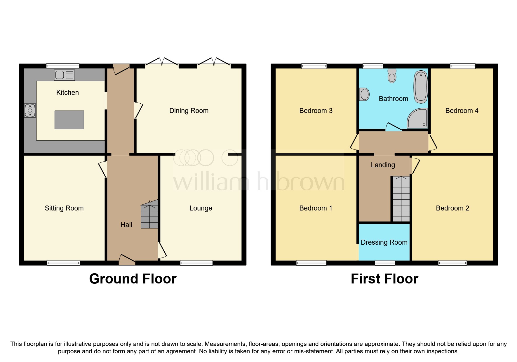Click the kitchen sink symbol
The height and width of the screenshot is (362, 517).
[65, 75]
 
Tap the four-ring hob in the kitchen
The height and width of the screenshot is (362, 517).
[30, 111]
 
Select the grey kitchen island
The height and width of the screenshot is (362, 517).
[69, 120]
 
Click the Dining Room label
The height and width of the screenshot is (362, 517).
[189, 111]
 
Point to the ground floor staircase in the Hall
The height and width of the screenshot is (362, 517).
[149, 215]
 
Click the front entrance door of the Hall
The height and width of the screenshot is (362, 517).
[127, 259]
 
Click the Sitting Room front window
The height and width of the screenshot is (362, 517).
[63, 263]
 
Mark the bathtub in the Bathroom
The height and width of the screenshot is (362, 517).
[421, 87]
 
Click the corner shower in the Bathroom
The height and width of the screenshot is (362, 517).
[418, 119]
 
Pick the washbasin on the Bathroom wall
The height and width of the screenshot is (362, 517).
[364, 94]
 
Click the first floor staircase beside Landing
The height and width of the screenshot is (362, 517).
[401, 199]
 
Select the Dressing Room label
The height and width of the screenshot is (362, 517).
[384, 242]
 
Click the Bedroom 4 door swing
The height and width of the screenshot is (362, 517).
[433, 143]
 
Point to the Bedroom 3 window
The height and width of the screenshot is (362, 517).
[314, 66]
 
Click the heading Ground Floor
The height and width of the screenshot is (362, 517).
[133, 279]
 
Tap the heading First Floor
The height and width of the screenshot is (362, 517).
[384, 279]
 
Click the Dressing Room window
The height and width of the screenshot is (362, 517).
[385, 263]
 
